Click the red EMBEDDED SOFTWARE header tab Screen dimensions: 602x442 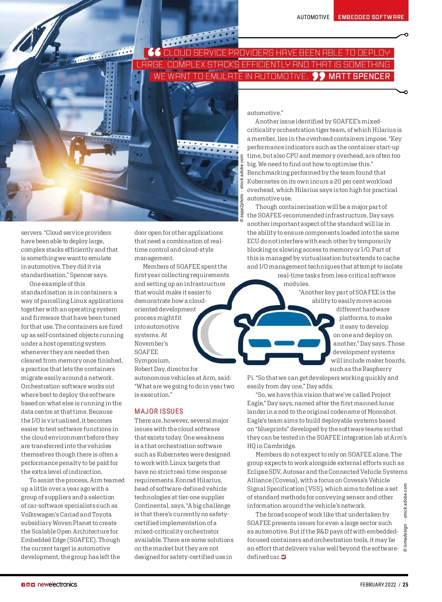coord(371,17)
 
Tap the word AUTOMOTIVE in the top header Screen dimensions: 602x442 coord(313,17)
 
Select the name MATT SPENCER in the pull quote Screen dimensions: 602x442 coord(359,76)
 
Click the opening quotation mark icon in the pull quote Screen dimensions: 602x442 coord(154,52)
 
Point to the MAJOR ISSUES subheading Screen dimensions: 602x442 coord(159,411)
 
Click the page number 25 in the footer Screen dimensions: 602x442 coord(405,584)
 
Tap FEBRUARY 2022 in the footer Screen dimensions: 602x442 coord(378,584)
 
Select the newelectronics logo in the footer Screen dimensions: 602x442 coord(57,584)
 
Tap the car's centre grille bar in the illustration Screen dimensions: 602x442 coord(284,343)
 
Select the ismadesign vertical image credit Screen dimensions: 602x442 coord(405,518)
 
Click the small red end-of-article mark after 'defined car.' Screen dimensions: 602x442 coord(284,557)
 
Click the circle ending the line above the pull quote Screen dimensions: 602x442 coord(406,35)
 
